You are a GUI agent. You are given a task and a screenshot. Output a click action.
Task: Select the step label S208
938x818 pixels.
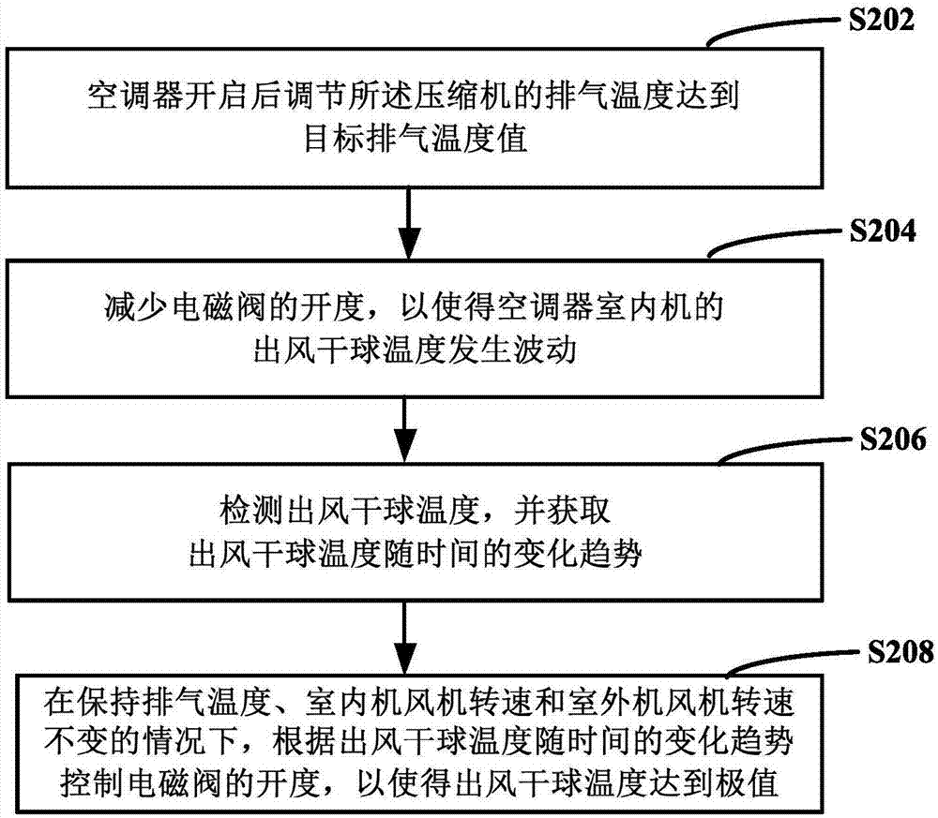[x=891, y=648]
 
